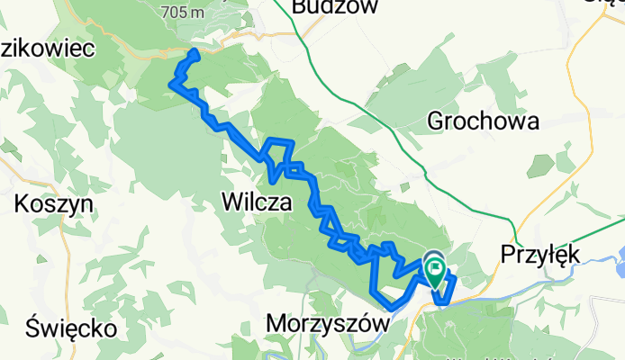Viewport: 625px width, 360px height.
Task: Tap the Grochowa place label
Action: (x=484, y=121)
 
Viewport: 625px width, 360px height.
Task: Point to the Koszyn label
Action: (x=54, y=204)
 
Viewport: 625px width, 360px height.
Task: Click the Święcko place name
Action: (x=71, y=328)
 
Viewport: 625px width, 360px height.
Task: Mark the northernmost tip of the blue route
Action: (x=192, y=53)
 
